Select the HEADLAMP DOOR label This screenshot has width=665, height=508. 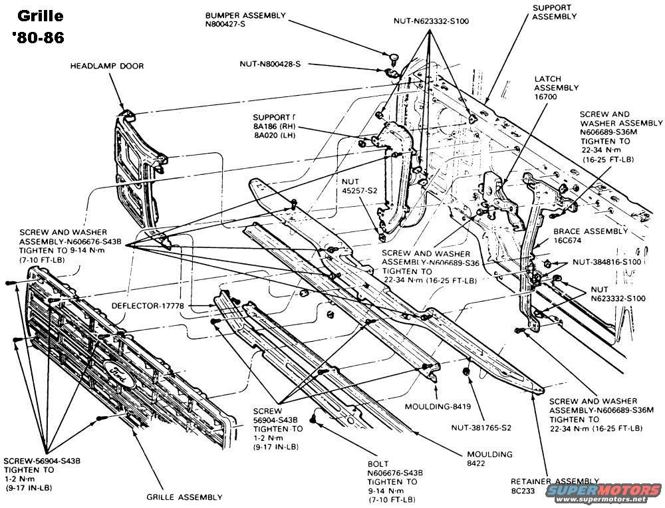point(108,66)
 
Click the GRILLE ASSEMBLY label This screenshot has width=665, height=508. point(184,497)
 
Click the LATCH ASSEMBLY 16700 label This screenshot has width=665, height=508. point(557,88)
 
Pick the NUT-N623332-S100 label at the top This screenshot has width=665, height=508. point(430,21)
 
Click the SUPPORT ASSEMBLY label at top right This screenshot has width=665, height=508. point(555,12)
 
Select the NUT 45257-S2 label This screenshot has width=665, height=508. point(359,186)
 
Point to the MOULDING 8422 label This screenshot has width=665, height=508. point(489,459)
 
